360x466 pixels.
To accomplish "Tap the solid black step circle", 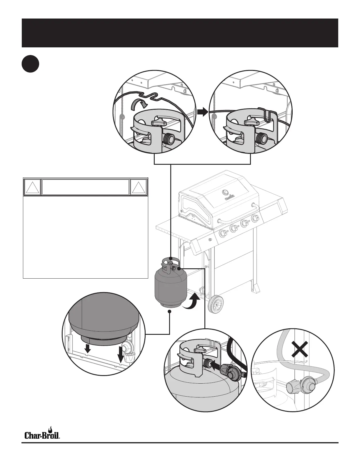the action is [31, 64].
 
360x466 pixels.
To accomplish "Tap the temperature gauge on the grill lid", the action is [225, 192].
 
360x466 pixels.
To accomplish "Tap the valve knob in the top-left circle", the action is [159, 122].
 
